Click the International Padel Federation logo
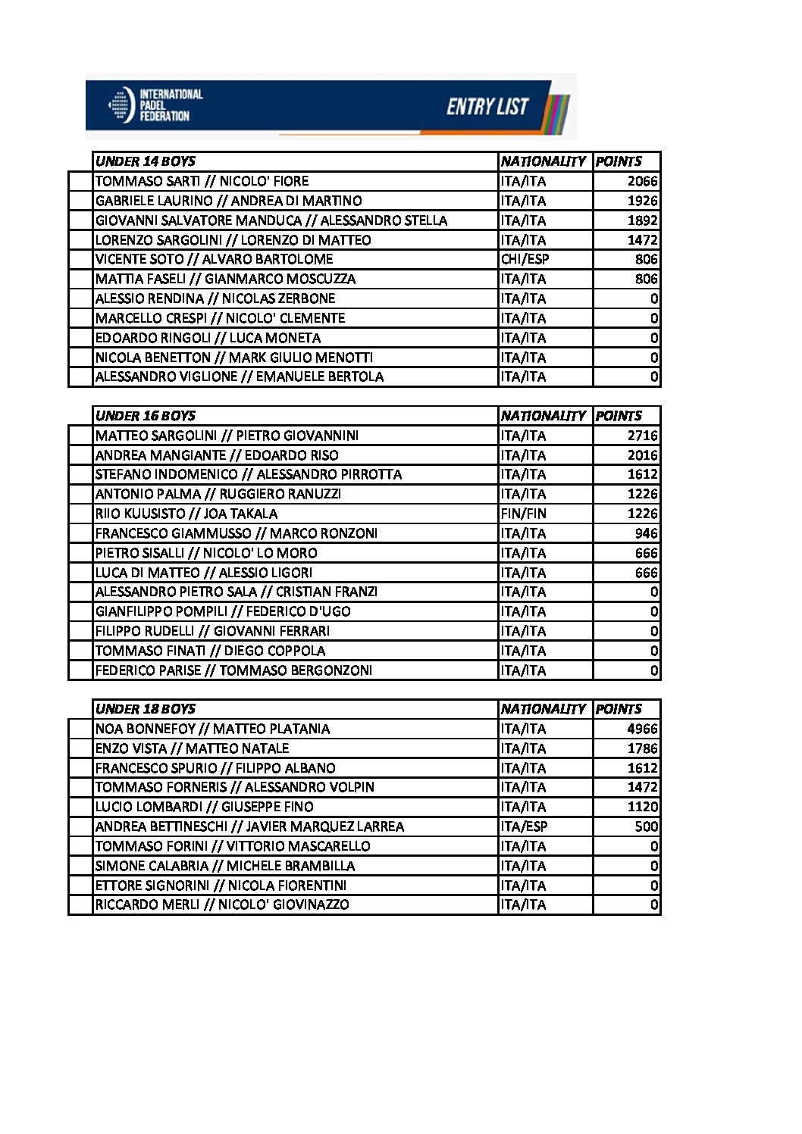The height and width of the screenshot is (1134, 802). [x=156, y=105]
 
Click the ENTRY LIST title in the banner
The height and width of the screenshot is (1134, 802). [x=487, y=107]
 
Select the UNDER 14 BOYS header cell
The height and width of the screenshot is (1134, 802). [x=146, y=161]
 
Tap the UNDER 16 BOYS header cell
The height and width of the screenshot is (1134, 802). [x=146, y=416]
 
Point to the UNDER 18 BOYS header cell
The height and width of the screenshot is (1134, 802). [x=146, y=709]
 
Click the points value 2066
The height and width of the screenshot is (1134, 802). [x=642, y=181]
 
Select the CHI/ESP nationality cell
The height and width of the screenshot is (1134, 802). [x=525, y=259]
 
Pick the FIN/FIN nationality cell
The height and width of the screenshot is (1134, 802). [x=523, y=514]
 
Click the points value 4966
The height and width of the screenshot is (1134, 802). [x=642, y=729]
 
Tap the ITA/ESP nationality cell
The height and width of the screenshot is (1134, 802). [x=524, y=826]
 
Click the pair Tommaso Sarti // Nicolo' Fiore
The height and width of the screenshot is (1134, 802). [x=202, y=181]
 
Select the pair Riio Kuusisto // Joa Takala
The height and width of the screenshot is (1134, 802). [x=186, y=514]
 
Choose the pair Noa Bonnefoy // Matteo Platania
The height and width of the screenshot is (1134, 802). [x=212, y=729]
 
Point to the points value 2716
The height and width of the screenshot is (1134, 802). [x=642, y=436]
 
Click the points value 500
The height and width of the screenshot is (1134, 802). [x=647, y=826]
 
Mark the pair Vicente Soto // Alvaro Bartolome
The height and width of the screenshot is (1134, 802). [x=214, y=259]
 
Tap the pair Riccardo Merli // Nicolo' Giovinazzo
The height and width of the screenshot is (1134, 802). [x=222, y=904]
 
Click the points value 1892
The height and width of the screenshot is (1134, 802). [x=642, y=220]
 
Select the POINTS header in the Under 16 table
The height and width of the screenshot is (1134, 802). [x=619, y=416]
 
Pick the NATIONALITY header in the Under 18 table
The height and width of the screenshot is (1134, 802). [x=543, y=709]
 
